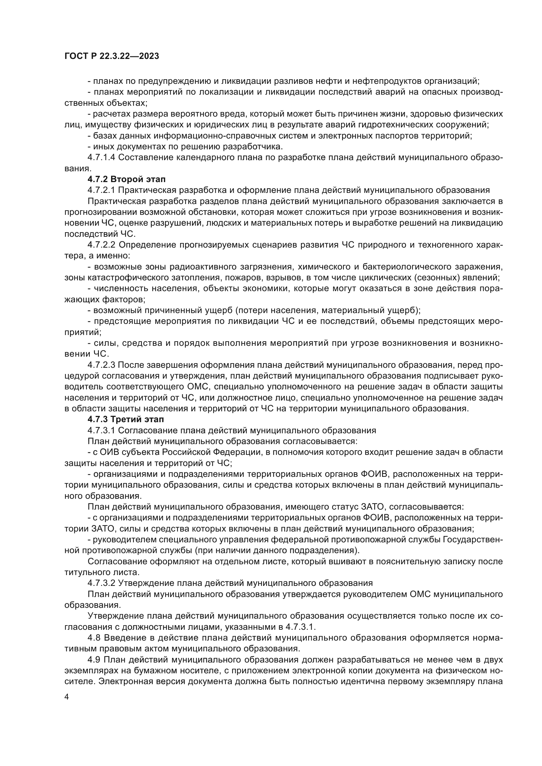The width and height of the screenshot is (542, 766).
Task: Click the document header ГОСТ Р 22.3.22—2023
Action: click(111, 56)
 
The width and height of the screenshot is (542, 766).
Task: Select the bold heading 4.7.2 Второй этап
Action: click(126, 179)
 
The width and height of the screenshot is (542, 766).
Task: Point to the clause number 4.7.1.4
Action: click(102, 158)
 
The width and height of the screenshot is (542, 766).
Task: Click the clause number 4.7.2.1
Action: click(102, 190)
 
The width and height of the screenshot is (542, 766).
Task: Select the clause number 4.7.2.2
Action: click(102, 245)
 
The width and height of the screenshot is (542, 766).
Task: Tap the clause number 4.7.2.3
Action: click(102, 365)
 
